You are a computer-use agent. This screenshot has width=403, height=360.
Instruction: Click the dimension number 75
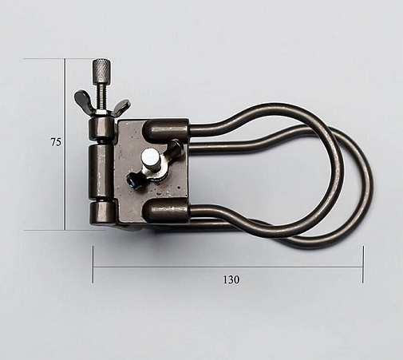pos(56,142)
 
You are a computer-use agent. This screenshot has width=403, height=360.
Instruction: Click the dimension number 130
pos(231,279)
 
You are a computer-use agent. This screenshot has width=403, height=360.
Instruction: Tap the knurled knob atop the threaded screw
pos(102,70)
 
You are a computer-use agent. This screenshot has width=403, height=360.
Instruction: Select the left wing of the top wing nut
pos(82,99)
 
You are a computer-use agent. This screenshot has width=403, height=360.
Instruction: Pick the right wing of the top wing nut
pos(121,107)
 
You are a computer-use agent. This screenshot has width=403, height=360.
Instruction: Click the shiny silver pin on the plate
pos(149,157)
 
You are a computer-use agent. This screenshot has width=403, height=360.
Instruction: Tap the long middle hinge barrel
pos(101,171)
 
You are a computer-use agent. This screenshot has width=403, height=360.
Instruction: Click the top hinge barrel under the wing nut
pos(101,129)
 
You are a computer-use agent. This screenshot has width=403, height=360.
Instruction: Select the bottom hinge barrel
pos(102,214)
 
